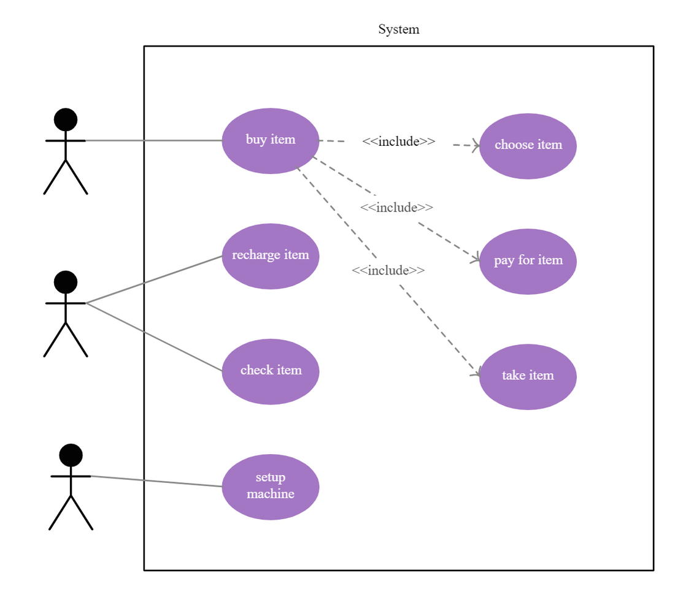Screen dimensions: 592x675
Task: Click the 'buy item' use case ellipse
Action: coord(270,140)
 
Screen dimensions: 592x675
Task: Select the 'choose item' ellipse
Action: coord(528,145)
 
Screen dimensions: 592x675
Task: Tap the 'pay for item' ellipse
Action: coord(528,260)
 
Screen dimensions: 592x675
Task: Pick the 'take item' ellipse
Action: coord(528,376)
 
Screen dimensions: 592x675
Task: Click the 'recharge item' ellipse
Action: coord(270,256)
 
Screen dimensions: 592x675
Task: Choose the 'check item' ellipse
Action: coord(270,371)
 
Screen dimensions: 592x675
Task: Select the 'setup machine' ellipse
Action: coord(270,486)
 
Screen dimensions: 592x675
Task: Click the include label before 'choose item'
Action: coord(398,142)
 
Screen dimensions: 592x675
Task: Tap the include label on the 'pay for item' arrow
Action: coord(396,208)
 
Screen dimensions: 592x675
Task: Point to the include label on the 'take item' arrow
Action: coord(388,270)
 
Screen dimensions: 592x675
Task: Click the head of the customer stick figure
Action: coord(66,118)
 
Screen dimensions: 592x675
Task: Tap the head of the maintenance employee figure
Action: coord(66,282)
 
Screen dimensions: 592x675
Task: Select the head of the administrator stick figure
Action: coord(71,454)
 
